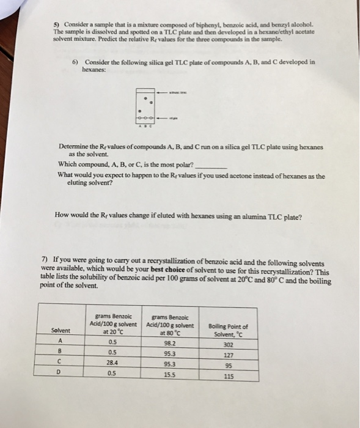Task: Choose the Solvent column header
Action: pos(61,331)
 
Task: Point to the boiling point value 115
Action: pos(228,376)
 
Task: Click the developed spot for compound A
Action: pos(140,111)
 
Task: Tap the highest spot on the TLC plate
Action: pos(145,96)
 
